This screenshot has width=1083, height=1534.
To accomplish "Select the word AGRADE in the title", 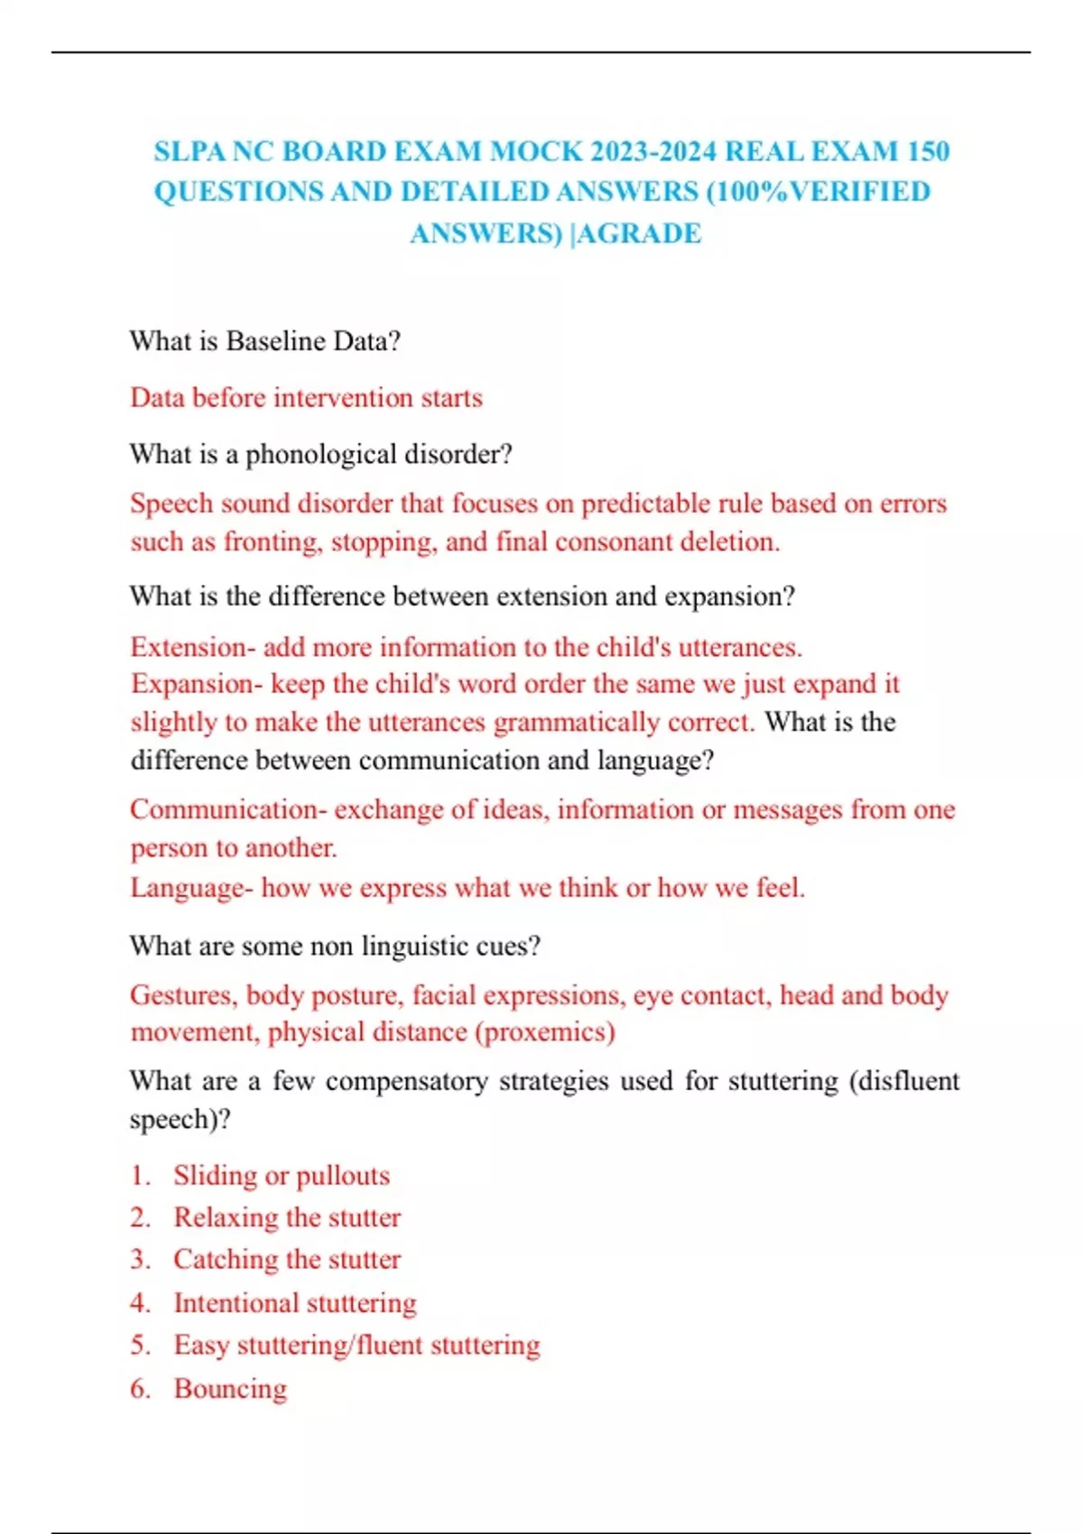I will pos(640,234).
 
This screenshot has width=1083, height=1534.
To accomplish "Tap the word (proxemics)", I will pos(545,1032).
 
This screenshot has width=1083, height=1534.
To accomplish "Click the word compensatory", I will pos(406,1081).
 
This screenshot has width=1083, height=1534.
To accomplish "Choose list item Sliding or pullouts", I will pos(282,1176).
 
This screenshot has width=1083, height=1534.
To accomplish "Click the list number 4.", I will pos(139,1303).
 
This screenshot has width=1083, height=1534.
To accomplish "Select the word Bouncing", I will pos(230,1389).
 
